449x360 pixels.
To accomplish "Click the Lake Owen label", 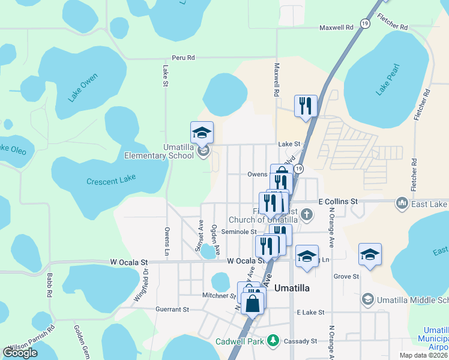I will click(82, 88).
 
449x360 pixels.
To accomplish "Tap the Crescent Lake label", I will click(111, 179).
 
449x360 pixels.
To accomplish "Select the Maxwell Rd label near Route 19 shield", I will click(336, 28).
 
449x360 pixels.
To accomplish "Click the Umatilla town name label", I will click(292, 288).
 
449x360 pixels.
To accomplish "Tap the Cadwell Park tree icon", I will click(273, 341).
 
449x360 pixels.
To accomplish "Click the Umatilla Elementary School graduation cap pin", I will click(202, 133).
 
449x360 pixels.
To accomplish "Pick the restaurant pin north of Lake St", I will click(306, 106).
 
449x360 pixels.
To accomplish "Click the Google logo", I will click(20, 353).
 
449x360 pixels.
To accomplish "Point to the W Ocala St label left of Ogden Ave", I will click(128, 262).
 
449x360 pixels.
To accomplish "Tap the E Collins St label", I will click(338, 202).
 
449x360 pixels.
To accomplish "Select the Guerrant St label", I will click(172, 310).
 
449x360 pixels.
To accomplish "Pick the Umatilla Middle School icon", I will click(368, 299).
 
